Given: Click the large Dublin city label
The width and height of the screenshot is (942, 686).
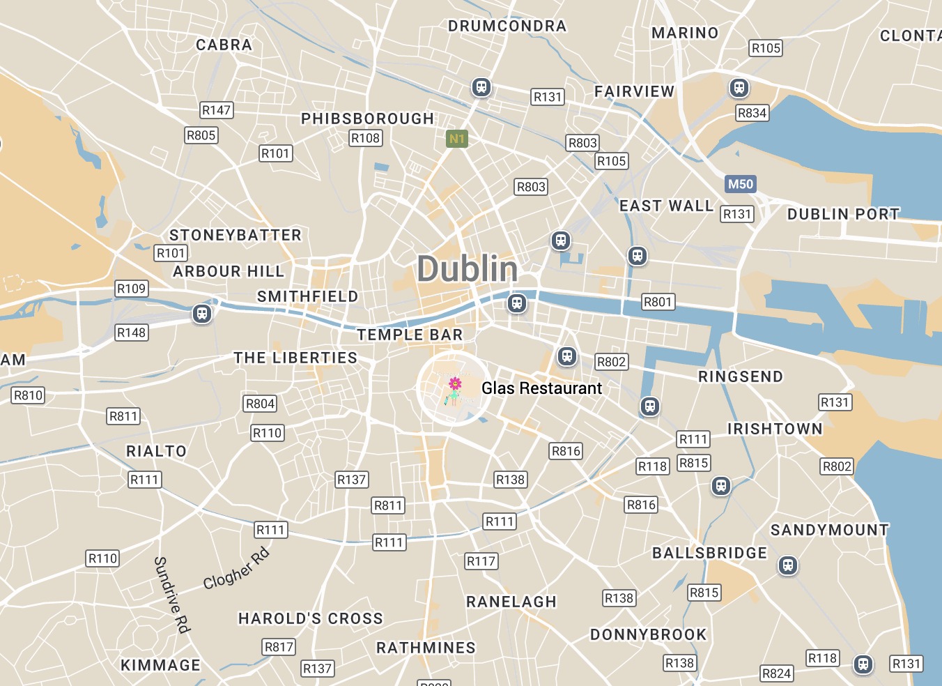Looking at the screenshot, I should tap(468, 269).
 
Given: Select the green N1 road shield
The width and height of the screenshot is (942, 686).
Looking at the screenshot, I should tap(456, 139).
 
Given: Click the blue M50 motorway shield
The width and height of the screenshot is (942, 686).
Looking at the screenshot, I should tap(740, 184).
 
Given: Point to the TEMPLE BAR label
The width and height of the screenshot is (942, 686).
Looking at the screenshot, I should tap(410, 335).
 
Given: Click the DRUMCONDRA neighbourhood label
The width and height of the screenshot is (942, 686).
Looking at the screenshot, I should tap(507, 26).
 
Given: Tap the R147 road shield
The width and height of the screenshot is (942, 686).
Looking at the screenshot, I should tap(216, 110).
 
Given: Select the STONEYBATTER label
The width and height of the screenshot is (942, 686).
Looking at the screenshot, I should tap(235, 236).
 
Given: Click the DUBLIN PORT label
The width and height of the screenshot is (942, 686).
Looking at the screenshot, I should tap(843, 215).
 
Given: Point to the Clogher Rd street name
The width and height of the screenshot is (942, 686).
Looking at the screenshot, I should tap(235, 569).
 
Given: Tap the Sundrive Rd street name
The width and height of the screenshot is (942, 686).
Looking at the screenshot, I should tap(171, 595).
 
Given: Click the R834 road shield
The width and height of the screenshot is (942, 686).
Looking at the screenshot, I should tap(752, 113).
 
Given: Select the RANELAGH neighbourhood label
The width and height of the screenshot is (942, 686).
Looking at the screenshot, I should tap(511, 602).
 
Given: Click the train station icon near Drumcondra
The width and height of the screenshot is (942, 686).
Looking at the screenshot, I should tap(481, 87).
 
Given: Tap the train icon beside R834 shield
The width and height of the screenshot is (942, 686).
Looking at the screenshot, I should tap(739, 89).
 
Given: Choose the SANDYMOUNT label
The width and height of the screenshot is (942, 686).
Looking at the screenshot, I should tap(829, 531).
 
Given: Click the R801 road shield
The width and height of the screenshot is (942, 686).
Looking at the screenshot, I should tap(658, 302).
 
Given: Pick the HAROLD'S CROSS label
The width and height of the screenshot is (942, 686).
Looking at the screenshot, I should tap(311, 619).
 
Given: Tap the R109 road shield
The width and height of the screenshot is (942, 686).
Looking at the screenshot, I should tap(131, 289).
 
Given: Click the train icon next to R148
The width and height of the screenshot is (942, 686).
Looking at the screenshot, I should tap(202, 314).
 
